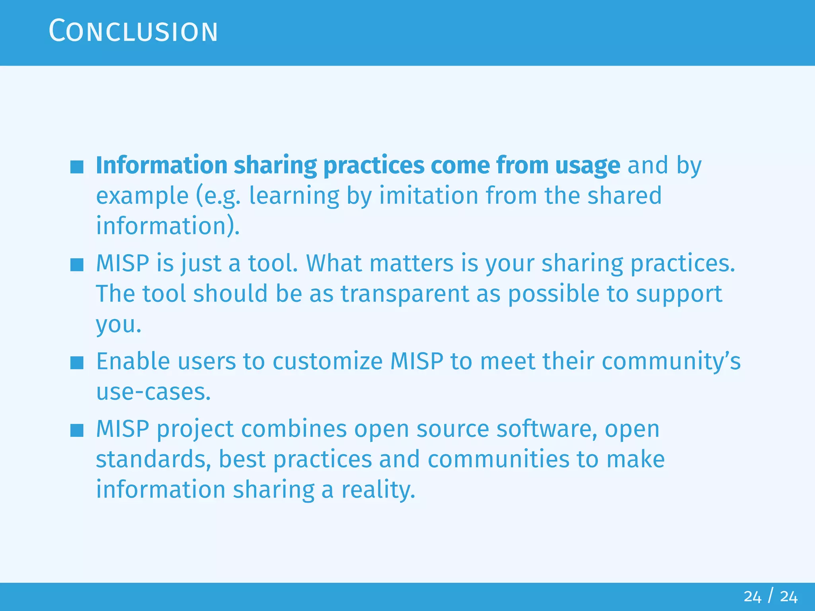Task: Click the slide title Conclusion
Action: pyautogui.click(x=133, y=31)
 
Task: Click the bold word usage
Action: pyautogui.click(x=587, y=165)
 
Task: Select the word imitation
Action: pyautogui.click(x=428, y=195)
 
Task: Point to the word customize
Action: pyautogui.click(x=328, y=361)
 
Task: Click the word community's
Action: pyautogui.click(x=671, y=361)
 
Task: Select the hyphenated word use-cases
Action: pyautogui.click(x=153, y=392)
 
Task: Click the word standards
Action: pyautogui.click(x=154, y=459)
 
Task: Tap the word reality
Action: pyautogui.click(x=378, y=489)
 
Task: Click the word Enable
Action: pyautogui.click(x=133, y=361)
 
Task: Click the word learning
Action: pyautogui.click(x=294, y=195)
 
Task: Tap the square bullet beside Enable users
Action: pyautogui.click(x=77, y=363)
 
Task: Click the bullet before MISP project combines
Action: pyautogui.click(x=77, y=430)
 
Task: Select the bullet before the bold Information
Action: pyautogui.click(x=77, y=167)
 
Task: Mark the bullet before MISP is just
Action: pyautogui.click(x=77, y=265)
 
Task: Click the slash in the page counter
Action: pyautogui.click(x=771, y=596)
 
